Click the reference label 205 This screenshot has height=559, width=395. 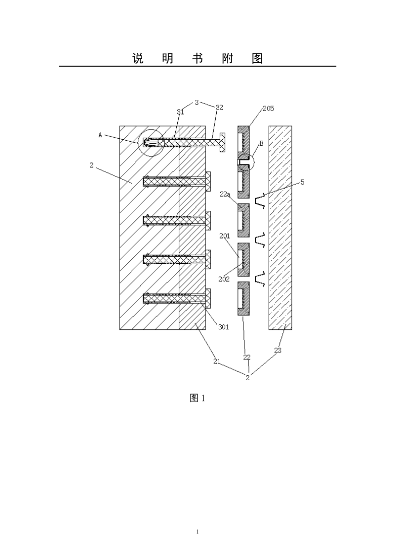click(x=268, y=108)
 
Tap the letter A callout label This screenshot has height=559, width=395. click(x=100, y=135)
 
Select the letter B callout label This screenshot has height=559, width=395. click(x=261, y=143)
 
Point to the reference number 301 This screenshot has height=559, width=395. click(x=224, y=327)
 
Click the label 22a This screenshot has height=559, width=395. click(x=225, y=194)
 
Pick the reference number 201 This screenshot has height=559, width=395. click(x=224, y=236)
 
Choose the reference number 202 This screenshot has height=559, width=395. click(x=224, y=279)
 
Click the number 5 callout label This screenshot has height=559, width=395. click(x=302, y=182)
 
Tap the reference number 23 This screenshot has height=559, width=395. click(x=277, y=351)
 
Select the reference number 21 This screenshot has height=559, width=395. click(x=217, y=361)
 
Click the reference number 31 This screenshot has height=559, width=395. click(x=180, y=112)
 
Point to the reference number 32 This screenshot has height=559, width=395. click(x=219, y=108)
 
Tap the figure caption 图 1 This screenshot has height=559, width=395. click(x=197, y=398)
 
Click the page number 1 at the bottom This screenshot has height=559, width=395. click(x=197, y=532)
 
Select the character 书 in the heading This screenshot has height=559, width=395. click(x=197, y=58)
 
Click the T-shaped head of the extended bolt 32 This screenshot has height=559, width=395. click(x=223, y=142)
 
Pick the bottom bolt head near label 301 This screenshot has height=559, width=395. click(x=208, y=298)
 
